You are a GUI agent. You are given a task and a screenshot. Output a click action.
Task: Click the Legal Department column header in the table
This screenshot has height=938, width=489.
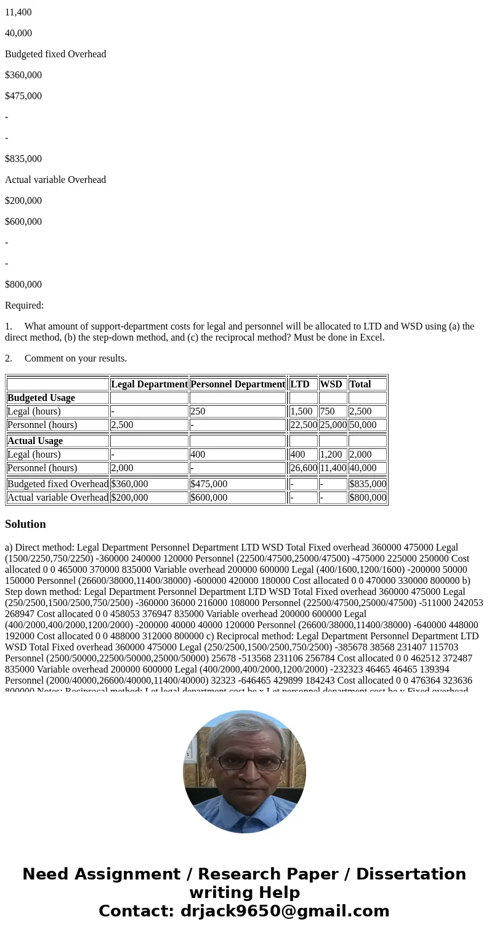149,384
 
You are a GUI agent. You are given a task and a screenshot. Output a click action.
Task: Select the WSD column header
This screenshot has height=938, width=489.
331,384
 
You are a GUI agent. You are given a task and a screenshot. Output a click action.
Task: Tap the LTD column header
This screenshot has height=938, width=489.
300,384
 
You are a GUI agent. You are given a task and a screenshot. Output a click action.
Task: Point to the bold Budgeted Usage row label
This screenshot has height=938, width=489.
41,398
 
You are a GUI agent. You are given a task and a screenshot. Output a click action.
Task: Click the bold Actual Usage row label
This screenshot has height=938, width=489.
35,441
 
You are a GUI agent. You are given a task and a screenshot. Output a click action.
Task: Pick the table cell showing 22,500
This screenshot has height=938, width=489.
303,425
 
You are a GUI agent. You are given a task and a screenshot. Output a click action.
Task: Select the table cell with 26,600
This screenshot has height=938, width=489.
303,468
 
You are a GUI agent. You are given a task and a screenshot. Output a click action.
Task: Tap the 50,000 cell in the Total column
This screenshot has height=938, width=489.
363,425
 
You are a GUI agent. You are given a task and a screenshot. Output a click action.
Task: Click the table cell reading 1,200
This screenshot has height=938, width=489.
331,455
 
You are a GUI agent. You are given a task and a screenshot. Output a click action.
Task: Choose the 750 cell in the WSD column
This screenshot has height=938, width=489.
328,411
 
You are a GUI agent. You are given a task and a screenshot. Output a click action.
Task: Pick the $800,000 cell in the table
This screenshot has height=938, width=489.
367,498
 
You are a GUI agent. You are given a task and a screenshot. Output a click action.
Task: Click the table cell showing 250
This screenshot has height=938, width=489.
198,411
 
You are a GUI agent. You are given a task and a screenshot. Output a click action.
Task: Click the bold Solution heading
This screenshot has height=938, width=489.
25,524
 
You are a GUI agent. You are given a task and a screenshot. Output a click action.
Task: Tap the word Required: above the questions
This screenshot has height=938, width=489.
24,305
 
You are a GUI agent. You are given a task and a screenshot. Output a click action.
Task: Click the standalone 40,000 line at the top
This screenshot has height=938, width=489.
18,33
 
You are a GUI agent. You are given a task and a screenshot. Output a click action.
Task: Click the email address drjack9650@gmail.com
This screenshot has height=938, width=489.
285,912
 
